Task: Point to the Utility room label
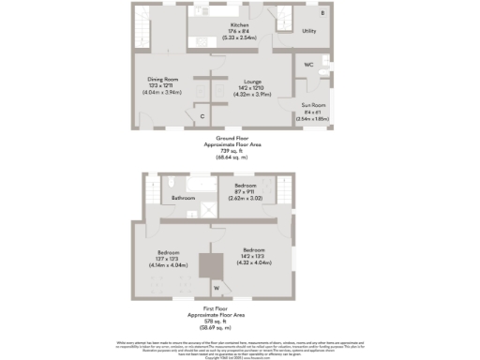coord(308,31)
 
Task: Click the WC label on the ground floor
coord(308,65)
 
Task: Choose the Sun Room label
coord(313,105)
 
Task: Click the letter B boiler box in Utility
coord(322,13)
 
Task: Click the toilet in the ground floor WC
coord(322,70)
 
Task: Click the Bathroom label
coord(183,199)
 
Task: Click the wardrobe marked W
coord(217,287)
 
